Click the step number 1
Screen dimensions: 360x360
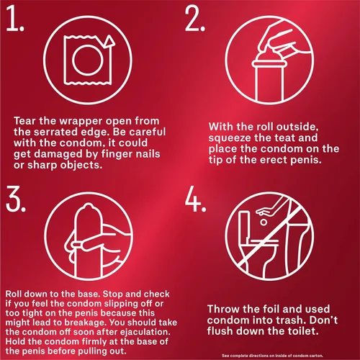[15, 19]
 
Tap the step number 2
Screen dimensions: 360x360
[195, 19]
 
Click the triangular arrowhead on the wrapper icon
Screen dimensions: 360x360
[110, 41]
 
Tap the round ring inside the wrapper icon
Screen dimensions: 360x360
[85, 60]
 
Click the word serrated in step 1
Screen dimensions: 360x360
[62, 132]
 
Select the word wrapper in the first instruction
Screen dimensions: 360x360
[81, 122]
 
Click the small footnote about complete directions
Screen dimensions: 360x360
[272, 356]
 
